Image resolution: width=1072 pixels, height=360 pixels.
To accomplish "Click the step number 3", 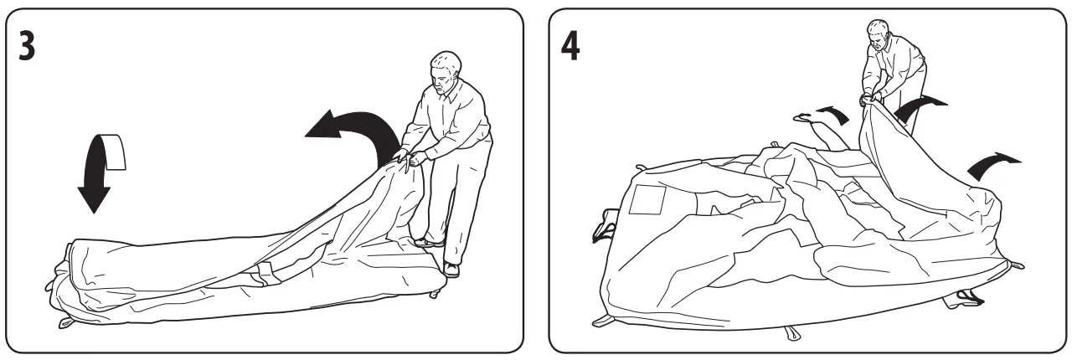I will pos(28,46).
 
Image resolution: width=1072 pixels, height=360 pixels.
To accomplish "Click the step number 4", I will pos(569,47).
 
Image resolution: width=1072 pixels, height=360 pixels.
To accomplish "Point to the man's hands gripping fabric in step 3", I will pos(410,157).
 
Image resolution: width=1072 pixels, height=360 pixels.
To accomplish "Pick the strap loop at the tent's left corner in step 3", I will pos(65,323).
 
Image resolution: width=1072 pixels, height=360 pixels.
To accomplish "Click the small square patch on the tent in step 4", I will pos(647,198).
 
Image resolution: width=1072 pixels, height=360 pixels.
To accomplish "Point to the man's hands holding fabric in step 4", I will pos(871,98).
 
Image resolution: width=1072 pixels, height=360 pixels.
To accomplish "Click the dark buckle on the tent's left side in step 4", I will pos(600,226).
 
